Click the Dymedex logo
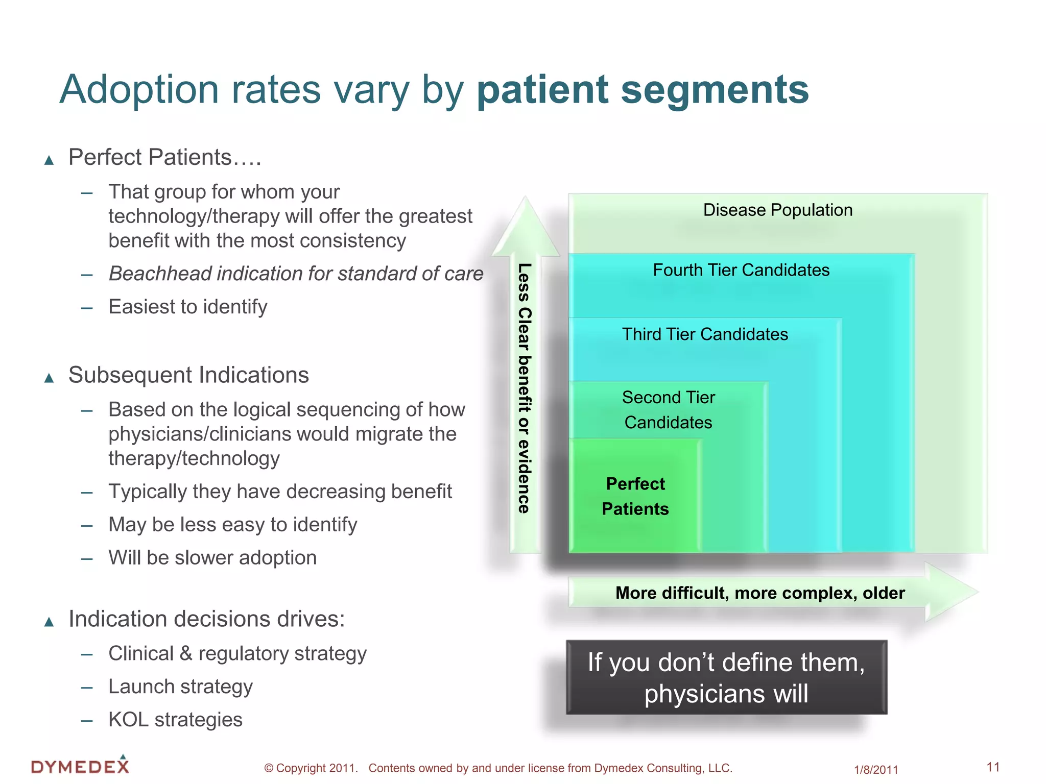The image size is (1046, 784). pyautogui.click(x=80, y=766)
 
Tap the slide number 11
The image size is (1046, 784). pyautogui.click(x=993, y=767)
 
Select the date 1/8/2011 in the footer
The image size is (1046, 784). pyautogui.click(x=876, y=770)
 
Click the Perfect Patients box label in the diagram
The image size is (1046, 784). pyautogui.click(x=635, y=496)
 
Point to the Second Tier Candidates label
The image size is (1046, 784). pyautogui.click(x=668, y=410)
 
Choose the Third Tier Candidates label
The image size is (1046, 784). pyautogui.click(x=705, y=334)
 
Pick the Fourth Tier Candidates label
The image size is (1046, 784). pyautogui.click(x=741, y=270)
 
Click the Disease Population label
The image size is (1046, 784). pyautogui.click(x=777, y=210)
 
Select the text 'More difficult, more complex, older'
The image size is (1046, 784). pyautogui.click(x=760, y=593)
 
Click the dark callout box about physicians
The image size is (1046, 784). pyautogui.click(x=726, y=677)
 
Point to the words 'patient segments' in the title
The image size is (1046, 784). pyautogui.click(x=643, y=89)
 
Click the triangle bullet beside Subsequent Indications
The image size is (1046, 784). pyautogui.click(x=49, y=378)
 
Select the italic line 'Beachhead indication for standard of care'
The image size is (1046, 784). pyautogui.click(x=296, y=274)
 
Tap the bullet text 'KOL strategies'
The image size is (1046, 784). pyautogui.click(x=175, y=720)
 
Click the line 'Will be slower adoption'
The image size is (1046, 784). pyautogui.click(x=212, y=557)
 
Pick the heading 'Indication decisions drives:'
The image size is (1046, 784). pyautogui.click(x=207, y=619)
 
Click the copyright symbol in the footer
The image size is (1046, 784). pyautogui.click(x=269, y=768)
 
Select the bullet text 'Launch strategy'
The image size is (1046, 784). pyautogui.click(x=180, y=687)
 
